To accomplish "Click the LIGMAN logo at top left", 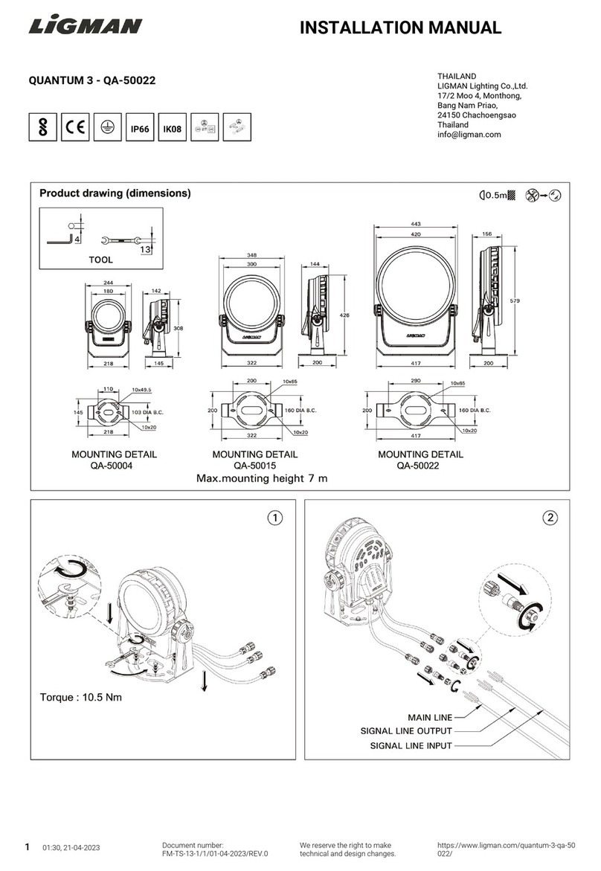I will click(85, 28).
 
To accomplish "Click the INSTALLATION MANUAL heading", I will click(400, 29).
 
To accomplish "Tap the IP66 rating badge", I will click(140, 129).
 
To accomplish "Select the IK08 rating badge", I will click(172, 129).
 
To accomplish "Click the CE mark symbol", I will click(75, 127).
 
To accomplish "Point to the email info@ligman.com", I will click(469, 135).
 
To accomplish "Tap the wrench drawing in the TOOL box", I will click(120, 240).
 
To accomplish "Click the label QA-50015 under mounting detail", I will click(255, 466).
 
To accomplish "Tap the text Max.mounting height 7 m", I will click(261, 478).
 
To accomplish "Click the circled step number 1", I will click(275, 517).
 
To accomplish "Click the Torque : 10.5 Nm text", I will click(80, 698).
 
